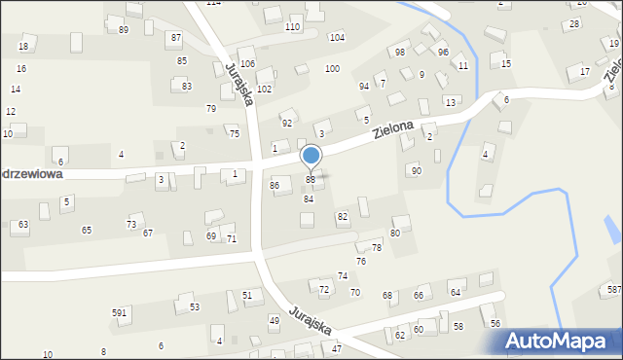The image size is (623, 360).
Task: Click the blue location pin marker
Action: coord(311,157)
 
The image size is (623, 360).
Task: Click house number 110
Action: coord(292,26)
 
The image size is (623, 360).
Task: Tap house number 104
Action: coord(337,37)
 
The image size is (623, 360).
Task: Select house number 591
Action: coord(120,312)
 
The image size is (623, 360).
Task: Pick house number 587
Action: coord(614,290)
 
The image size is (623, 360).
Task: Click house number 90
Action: coord(417,170)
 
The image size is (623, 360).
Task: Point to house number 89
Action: coord(124,30)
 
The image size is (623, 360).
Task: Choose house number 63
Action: coord(23,225)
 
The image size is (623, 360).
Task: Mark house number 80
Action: coord(395,234)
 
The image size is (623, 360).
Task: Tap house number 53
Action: coord(195,306)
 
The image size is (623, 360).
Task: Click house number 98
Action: coord(400,52)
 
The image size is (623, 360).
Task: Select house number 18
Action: coord(23,47)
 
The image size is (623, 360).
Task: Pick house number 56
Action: coord(495,323)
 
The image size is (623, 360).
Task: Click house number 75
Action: coord(235,133)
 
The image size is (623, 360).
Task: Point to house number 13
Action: coord(450,102)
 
